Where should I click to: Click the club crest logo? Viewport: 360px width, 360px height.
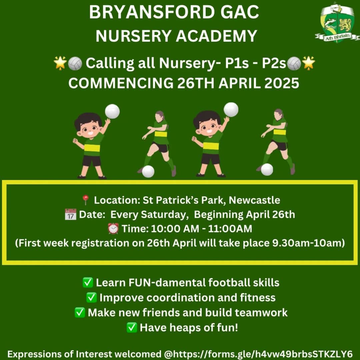point(337,23)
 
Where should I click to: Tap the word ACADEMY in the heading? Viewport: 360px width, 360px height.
point(217,36)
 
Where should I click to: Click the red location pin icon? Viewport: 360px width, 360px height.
point(86,200)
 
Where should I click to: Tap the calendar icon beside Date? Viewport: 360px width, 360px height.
point(70,214)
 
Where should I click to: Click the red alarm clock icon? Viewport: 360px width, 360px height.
point(113,229)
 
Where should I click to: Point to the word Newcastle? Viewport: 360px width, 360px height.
point(254,200)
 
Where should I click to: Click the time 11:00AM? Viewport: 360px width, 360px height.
point(230,229)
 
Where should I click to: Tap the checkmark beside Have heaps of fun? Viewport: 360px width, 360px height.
point(132,327)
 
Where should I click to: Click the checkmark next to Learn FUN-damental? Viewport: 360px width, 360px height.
point(88,282)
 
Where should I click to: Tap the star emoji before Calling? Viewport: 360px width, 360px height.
point(60,63)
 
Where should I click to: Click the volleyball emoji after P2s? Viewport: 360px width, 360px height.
point(294,63)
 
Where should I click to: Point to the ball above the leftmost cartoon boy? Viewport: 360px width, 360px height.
point(112,111)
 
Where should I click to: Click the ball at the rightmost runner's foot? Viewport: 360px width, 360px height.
point(267,170)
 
